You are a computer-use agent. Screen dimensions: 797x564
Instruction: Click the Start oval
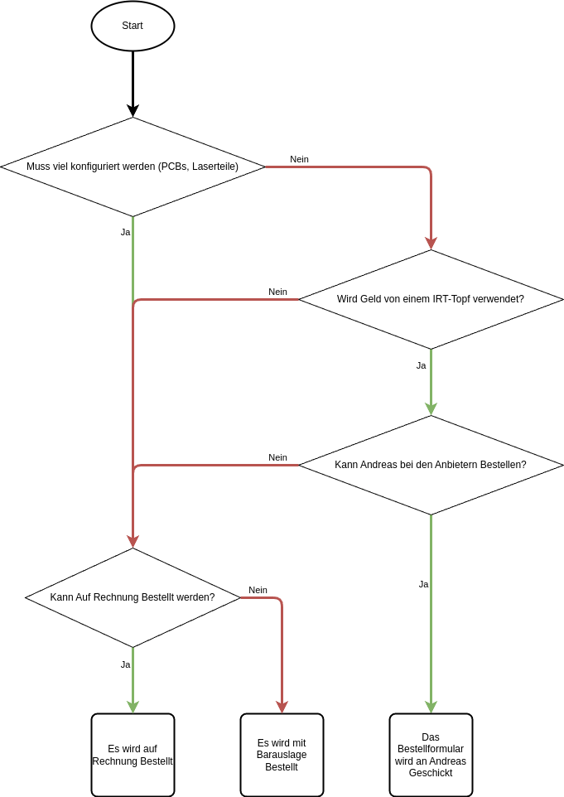[133, 26]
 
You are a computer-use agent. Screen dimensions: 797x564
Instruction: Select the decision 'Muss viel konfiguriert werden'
[133, 167]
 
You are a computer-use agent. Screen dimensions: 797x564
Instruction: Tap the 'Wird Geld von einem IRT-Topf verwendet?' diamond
[431, 299]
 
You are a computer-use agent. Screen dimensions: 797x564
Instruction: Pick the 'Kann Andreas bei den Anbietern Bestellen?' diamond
[431, 465]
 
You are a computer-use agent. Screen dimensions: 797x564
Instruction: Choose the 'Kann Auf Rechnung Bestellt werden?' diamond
[133, 597]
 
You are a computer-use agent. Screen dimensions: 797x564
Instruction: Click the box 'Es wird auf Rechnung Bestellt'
[133, 755]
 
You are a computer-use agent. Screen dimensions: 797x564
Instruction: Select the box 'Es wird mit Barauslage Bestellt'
[282, 755]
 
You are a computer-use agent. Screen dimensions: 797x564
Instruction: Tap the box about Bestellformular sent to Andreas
[431, 755]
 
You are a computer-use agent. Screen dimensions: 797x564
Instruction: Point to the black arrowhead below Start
[133, 110]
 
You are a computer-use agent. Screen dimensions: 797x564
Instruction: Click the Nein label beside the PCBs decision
[299, 159]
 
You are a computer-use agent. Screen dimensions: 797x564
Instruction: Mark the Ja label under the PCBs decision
[125, 232]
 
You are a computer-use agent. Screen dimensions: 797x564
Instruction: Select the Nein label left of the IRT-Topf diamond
[277, 292]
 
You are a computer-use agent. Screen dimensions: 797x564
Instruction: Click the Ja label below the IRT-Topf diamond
[421, 365]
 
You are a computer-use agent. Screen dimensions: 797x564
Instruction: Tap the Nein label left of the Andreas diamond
[277, 457]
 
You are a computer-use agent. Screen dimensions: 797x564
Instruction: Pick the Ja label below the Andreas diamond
[423, 584]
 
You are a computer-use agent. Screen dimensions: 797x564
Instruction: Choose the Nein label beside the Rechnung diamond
[258, 590]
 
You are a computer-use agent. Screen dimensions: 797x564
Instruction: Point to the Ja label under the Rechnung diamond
[125, 664]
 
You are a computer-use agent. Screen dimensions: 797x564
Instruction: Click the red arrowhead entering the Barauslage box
[282, 707]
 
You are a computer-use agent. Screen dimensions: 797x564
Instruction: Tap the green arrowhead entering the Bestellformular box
[431, 707]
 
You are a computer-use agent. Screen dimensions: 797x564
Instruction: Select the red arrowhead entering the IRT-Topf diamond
[431, 243]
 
